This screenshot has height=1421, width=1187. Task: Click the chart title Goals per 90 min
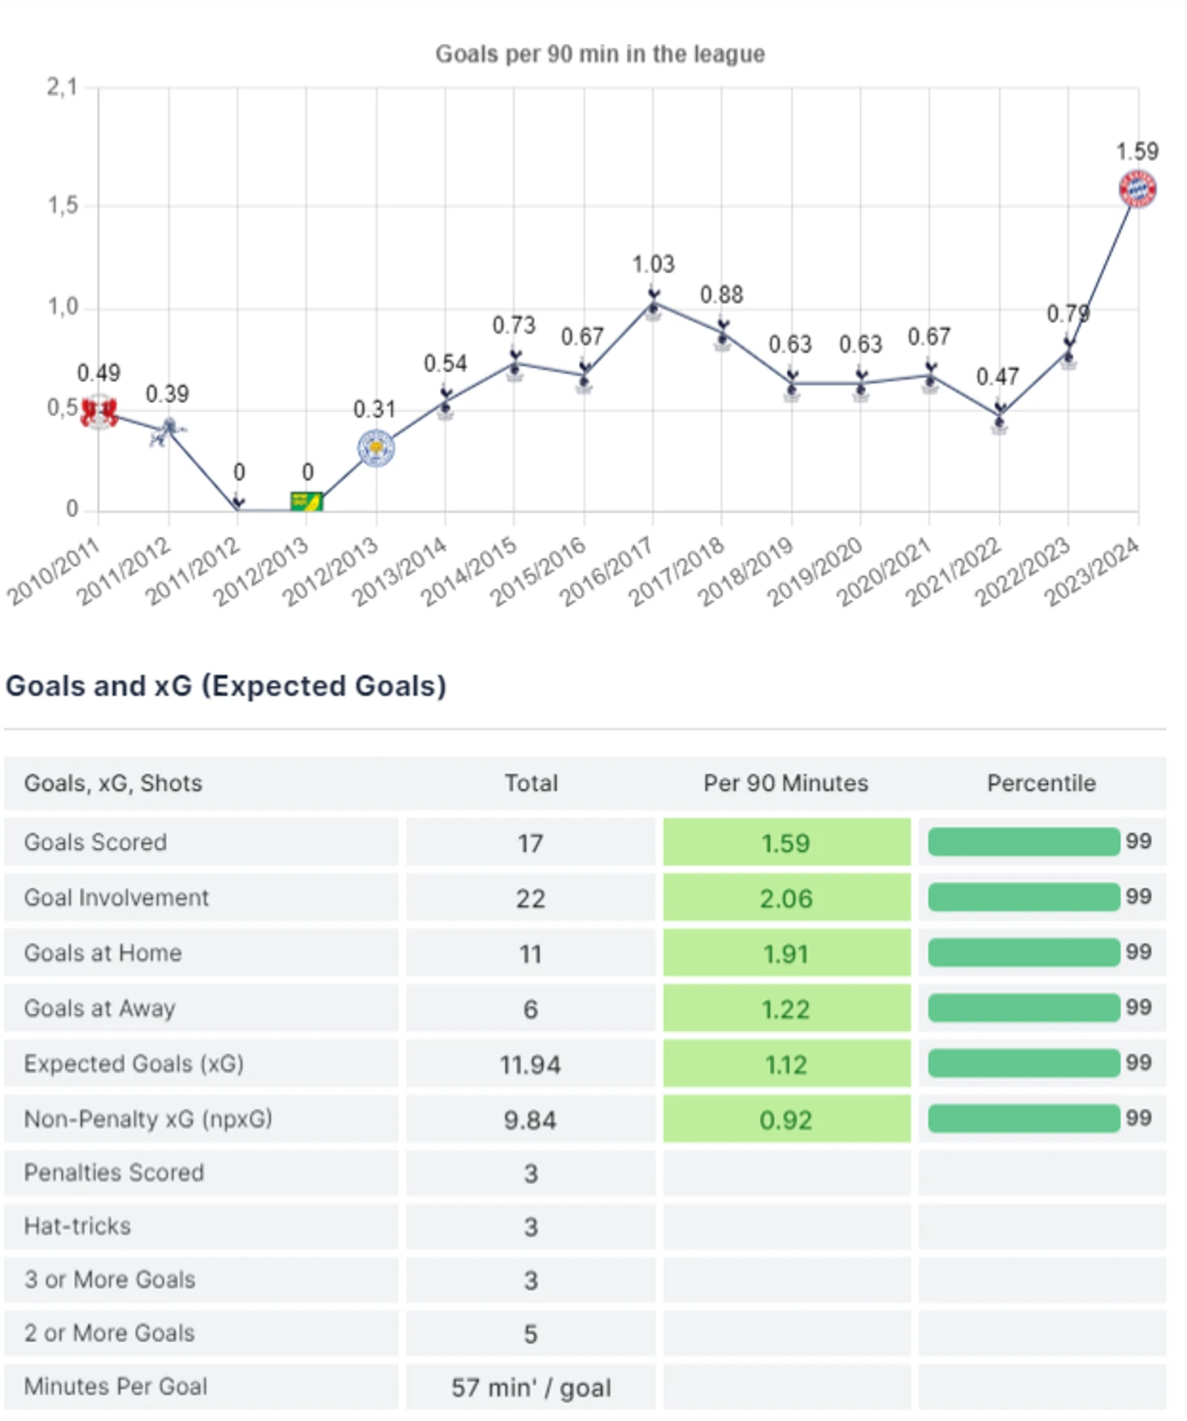(x=599, y=54)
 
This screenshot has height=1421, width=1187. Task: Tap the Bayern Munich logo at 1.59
(x=1137, y=189)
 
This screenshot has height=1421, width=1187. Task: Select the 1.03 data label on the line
(x=653, y=264)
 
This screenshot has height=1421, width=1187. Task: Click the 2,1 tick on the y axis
(x=62, y=87)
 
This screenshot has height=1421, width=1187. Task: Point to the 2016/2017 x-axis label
(x=606, y=573)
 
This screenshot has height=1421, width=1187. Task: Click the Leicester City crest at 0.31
(x=376, y=449)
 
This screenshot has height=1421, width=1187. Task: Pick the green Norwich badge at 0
(x=307, y=501)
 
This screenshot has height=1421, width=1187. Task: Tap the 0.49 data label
(x=98, y=373)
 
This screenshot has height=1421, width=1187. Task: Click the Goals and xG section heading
(x=226, y=686)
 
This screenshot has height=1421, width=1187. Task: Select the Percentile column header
(x=1041, y=783)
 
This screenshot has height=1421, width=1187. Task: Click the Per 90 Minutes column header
(x=785, y=783)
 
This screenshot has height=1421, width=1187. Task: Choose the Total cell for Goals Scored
(x=530, y=843)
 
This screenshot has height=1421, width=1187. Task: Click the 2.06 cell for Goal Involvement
(x=785, y=898)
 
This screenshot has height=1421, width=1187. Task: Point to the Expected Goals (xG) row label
(x=133, y=1064)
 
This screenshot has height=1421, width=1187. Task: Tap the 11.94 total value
(x=530, y=1065)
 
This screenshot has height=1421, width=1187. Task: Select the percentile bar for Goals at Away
(x=1023, y=1009)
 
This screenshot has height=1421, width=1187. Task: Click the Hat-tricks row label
(x=77, y=1226)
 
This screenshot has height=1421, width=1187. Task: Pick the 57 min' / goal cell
(x=530, y=1387)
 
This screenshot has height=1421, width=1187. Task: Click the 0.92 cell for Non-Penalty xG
(x=785, y=1120)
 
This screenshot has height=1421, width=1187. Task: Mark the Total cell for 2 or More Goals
(x=530, y=1334)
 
